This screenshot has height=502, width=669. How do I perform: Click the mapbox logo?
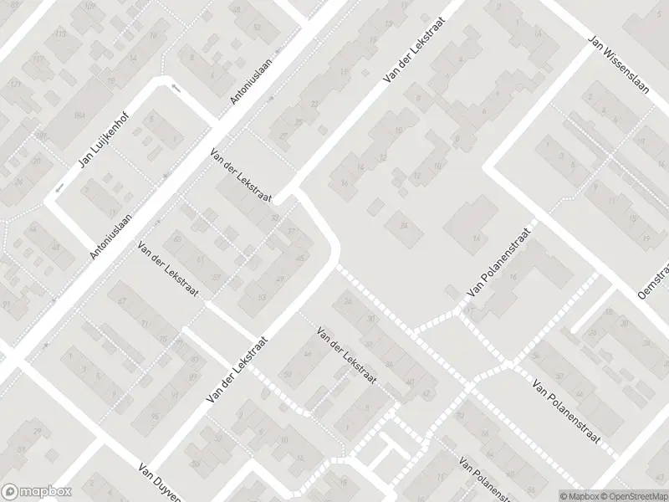click(36, 491)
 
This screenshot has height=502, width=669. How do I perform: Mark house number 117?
click(38, 59)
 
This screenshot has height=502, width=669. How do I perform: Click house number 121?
click(14, 85)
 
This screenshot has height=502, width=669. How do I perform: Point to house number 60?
click(177, 239)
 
